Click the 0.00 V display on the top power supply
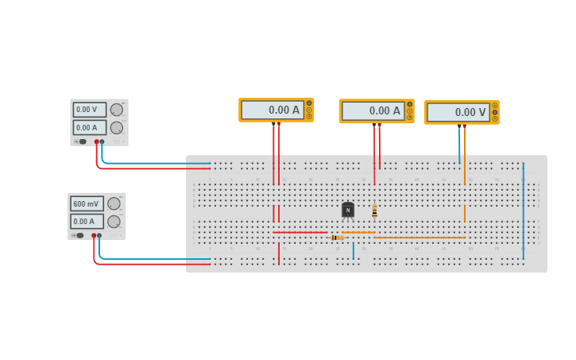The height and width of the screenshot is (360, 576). pos(89,110)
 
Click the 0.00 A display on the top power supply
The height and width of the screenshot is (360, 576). pos(89,127)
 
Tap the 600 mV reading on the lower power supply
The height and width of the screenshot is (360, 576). pos(87,203)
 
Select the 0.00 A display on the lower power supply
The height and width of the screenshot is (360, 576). pos(87,221)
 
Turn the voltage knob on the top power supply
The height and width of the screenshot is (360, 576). pos(117,110)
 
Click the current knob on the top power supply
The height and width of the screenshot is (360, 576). pos(117,127)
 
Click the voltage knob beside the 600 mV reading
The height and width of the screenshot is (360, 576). pos(114,203)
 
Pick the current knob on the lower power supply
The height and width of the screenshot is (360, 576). pos(114,222)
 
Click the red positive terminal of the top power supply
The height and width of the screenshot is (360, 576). pos(96,142)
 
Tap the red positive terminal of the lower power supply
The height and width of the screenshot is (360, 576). pos(94,236)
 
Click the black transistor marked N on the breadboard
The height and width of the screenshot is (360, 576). pos(348,210)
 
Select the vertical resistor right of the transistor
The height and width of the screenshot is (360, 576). pos(374,211)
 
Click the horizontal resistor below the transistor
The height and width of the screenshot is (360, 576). pos(337,237)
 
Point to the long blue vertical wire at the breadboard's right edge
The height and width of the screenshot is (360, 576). pos(523,207)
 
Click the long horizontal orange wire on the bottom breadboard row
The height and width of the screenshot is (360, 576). pos(419,237)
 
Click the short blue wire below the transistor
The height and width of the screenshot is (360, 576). pos(354,250)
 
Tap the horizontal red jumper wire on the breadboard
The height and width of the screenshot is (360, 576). pos(300,232)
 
